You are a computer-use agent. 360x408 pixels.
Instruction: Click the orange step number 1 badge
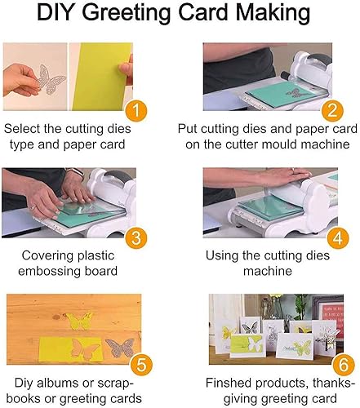tap(136, 111)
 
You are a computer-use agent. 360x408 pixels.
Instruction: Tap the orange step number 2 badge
tap(332, 111)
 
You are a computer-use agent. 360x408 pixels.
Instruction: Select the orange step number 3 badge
tap(136, 237)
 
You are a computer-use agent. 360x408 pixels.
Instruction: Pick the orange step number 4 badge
tap(338, 237)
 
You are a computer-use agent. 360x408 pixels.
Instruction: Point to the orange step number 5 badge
tap(141, 365)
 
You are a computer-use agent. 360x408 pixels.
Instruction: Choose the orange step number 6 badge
tap(344, 365)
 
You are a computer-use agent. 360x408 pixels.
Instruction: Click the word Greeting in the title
tap(128, 13)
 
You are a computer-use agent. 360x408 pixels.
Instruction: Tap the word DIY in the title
tap(57, 12)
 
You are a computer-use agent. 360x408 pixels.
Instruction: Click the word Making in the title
tap(273, 13)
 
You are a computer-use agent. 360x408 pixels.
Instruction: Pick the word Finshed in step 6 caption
tap(229, 383)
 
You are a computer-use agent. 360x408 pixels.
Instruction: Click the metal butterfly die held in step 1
tap(51, 79)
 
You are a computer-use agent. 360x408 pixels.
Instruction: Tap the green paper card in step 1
tap(100, 77)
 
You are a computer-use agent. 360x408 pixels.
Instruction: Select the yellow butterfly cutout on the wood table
tap(79, 321)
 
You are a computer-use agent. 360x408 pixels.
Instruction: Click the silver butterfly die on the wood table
tap(120, 348)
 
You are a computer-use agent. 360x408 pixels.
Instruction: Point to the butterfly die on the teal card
tap(294, 93)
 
